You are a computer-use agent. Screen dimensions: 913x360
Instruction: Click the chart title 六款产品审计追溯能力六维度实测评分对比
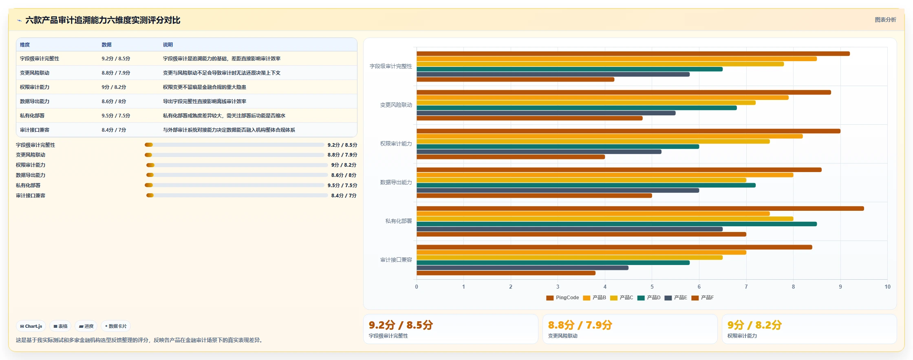[x=103, y=20]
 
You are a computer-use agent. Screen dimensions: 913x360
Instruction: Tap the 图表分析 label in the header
[x=885, y=20]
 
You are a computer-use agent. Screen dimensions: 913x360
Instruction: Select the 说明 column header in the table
[x=168, y=45]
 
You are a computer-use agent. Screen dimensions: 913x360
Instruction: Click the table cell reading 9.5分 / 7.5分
[x=116, y=116]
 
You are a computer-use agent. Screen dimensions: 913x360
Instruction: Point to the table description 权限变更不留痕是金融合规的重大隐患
[x=205, y=87]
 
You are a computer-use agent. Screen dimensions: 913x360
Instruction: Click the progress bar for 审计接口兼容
[x=237, y=195]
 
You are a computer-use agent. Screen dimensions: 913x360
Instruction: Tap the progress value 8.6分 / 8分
[x=344, y=175]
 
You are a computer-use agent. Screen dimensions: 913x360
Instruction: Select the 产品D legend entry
[x=649, y=298]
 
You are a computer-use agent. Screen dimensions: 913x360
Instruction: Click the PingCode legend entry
[x=562, y=298]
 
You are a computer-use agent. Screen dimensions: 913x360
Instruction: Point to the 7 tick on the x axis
[x=746, y=287]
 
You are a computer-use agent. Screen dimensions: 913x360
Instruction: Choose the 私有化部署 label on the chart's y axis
[x=399, y=221]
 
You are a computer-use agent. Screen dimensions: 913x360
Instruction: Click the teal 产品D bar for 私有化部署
[x=617, y=224]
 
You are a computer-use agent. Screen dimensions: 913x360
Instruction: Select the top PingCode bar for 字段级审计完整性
[x=633, y=53]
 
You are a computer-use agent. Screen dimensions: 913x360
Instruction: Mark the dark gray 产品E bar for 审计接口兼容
[x=523, y=268]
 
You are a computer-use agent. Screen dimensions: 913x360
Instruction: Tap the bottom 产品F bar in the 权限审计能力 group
[x=511, y=157]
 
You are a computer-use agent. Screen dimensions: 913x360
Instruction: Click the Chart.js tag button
[x=31, y=326]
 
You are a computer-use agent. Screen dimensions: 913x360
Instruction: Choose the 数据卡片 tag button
[x=116, y=326]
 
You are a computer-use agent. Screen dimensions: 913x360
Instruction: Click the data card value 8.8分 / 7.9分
[x=580, y=325]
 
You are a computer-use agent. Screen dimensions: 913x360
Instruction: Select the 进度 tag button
[x=86, y=326]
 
